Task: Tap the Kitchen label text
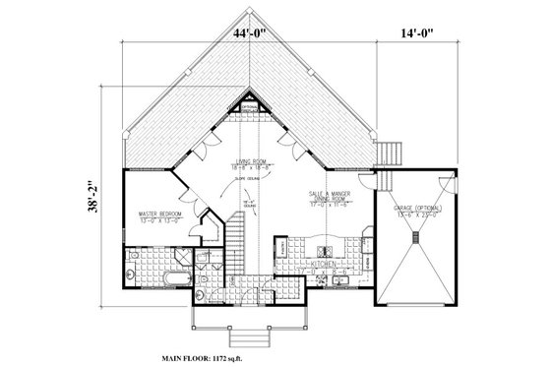pyautogui.click(x=326, y=265)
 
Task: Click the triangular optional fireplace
pyautogui.click(x=249, y=101)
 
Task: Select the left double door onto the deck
pyautogui.click(x=202, y=149)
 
